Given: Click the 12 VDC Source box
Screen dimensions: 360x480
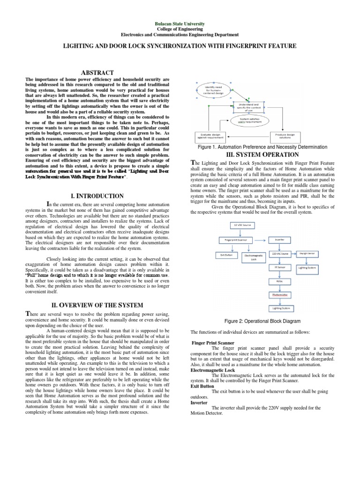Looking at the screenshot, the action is click(x=241, y=225).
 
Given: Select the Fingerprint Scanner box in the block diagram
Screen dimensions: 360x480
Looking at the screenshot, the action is click(x=236, y=240).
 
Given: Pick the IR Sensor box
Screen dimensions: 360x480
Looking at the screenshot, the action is click(x=280, y=267).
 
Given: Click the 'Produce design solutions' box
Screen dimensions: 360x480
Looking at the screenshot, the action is click(x=285, y=136).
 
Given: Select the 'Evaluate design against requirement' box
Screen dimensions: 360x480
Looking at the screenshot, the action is click(x=210, y=136).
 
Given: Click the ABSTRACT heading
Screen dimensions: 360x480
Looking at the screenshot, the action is click(x=98, y=73).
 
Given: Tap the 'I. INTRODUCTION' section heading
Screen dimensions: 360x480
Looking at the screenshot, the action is click(x=97, y=196).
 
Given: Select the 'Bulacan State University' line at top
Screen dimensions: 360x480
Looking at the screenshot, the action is click(x=180, y=23).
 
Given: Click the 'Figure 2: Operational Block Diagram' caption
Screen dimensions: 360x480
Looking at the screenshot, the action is click(x=262, y=321).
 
